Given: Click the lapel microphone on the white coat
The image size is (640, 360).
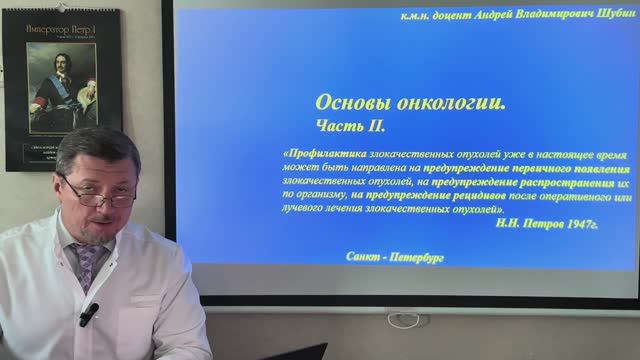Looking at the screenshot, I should pos(89,313).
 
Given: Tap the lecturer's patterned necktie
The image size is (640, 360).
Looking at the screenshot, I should pos(88,265).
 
